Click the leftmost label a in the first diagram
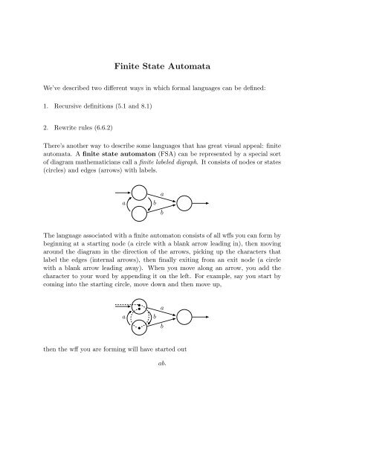coord(124,203)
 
